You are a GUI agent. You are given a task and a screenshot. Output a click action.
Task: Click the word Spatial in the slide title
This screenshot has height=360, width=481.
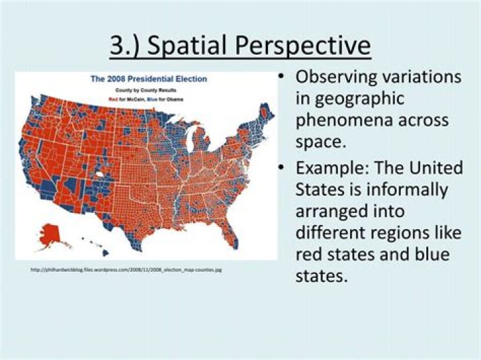point(193,46)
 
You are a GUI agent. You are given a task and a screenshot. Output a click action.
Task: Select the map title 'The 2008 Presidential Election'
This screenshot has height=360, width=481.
point(148,79)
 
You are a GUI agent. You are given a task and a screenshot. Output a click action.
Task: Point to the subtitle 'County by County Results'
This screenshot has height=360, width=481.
point(148,89)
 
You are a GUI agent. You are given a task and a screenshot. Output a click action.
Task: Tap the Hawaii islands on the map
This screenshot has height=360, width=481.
point(94,244)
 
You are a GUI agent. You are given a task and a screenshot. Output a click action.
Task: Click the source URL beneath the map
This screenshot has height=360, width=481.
point(126,270)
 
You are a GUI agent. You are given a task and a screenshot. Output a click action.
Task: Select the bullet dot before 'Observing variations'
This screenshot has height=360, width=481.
point(283,77)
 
